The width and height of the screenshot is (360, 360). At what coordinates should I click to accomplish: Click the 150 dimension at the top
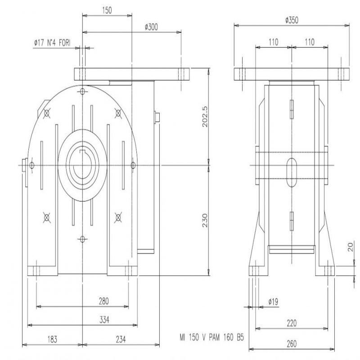[x=107, y=10]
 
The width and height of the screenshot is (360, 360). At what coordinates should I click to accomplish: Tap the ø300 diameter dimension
[x=152, y=27]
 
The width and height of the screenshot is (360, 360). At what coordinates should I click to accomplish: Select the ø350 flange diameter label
[x=292, y=20]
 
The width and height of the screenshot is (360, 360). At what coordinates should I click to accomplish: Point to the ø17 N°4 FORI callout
[x=52, y=43]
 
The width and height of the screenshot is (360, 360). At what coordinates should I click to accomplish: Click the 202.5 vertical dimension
[x=205, y=117]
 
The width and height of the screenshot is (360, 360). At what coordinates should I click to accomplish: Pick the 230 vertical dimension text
[x=205, y=220]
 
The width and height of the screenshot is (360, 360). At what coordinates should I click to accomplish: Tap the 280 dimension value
[x=104, y=301]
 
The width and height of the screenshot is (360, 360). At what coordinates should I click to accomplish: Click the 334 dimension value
[x=104, y=319]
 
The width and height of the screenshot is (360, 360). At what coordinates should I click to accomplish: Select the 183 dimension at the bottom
[x=52, y=339]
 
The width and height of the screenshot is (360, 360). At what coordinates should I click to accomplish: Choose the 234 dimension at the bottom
[x=121, y=339]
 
